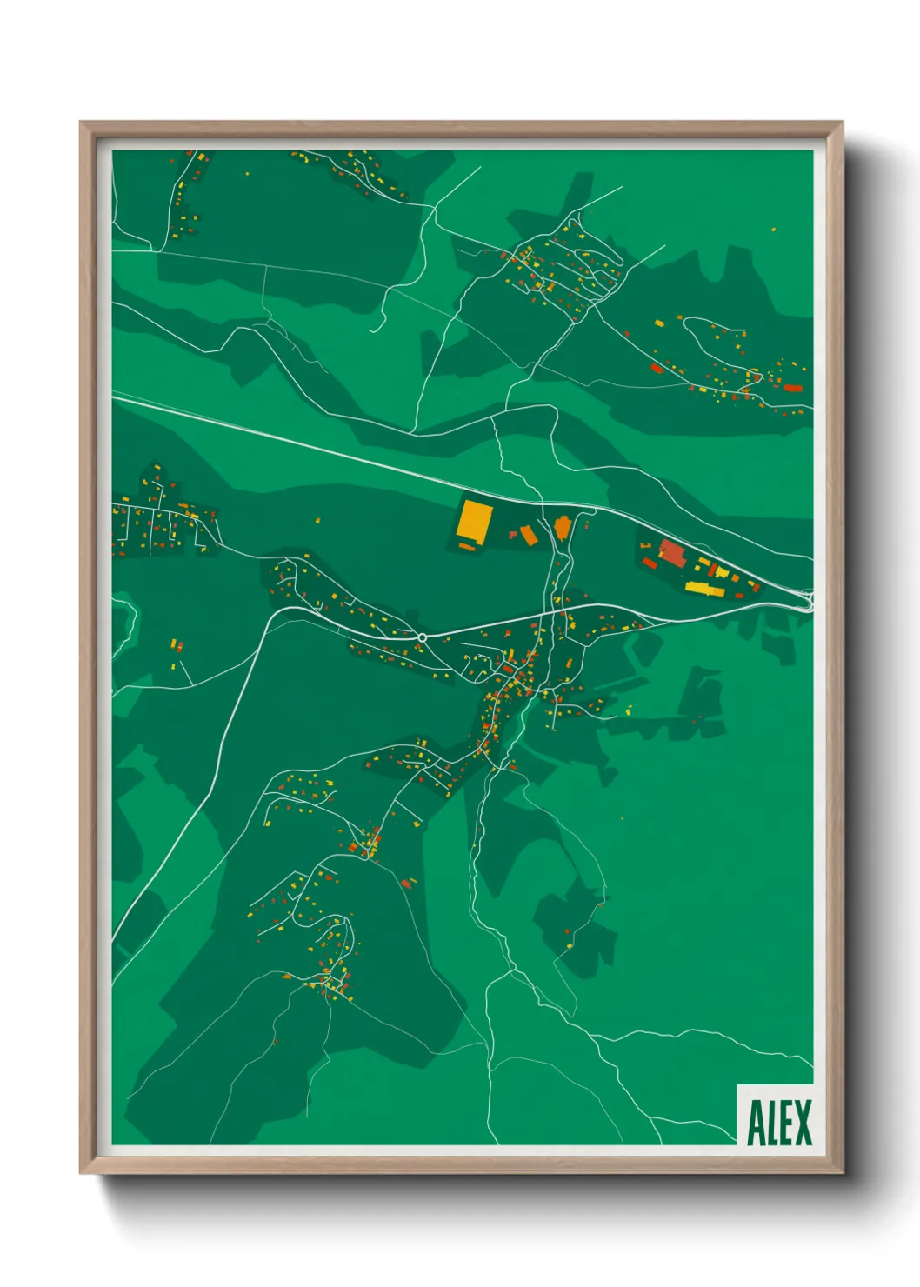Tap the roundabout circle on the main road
coord(422,637)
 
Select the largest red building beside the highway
coord(672,552)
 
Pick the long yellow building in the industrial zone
coord(705,590)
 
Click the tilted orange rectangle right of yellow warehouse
coord(529,535)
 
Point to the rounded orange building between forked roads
coord(563,526)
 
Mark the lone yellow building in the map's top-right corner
coord(773,230)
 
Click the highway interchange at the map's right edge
coord(808,599)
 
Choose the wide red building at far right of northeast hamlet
coord(792,388)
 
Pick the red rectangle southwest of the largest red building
coord(650,563)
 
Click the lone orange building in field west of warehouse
coord(317,521)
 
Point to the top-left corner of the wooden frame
coord(81,123)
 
